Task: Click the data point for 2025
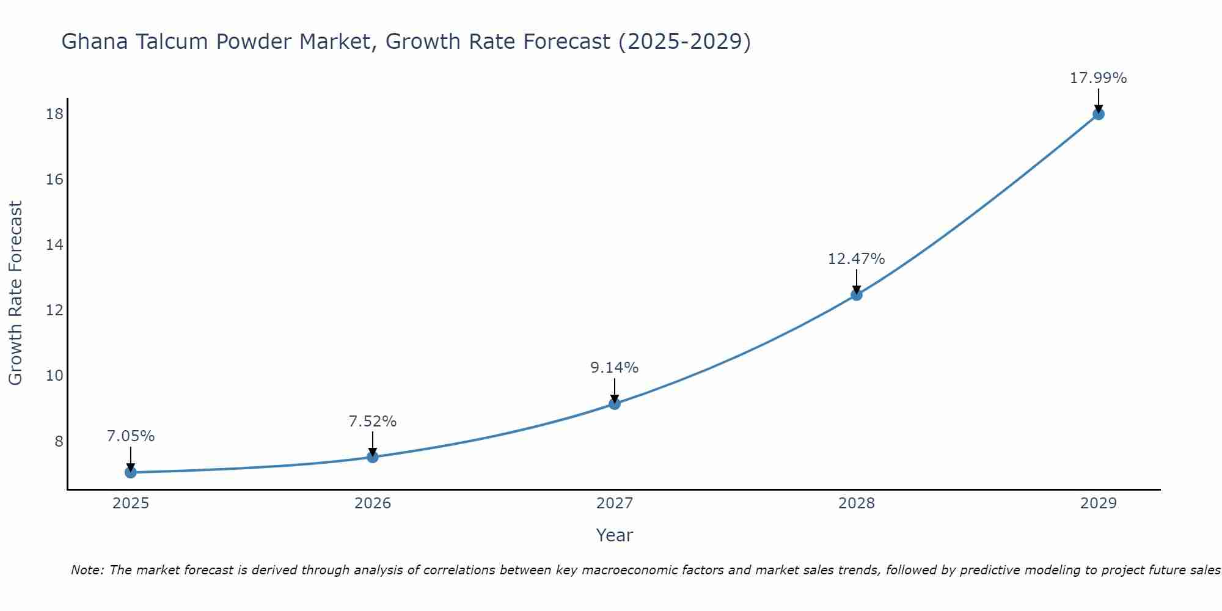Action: (x=130, y=472)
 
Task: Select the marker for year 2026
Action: (x=373, y=457)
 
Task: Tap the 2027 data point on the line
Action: (x=615, y=404)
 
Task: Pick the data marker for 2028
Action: (x=857, y=295)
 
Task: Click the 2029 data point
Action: (x=1099, y=114)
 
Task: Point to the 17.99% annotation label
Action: (x=1098, y=78)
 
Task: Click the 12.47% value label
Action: (x=856, y=259)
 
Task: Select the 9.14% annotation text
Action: (x=614, y=368)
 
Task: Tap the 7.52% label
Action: (x=373, y=422)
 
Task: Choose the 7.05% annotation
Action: (x=131, y=436)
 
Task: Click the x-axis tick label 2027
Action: (x=615, y=503)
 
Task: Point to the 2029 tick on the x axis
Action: (x=1099, y=503)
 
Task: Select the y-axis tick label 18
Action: (x=54, y=114)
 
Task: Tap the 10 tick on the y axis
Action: (x=54, y=376)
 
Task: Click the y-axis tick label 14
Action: (x=54, y=245)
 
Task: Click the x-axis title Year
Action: (x=615, y=535)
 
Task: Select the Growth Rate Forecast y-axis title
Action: (x=16, y=293)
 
